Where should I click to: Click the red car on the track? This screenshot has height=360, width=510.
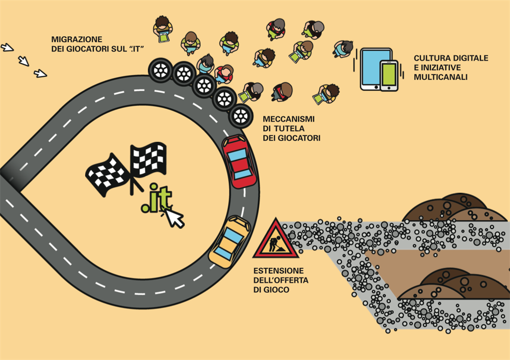(239, 162)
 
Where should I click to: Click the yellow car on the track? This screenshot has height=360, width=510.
(229, 240)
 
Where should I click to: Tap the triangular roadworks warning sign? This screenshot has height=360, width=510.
(275, 239)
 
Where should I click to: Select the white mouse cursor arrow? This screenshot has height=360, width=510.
(175, 218)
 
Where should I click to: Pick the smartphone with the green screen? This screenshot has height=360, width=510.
(389, 75)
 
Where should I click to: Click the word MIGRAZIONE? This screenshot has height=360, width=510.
(77, 39)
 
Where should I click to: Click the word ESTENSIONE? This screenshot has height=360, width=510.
(278, 270)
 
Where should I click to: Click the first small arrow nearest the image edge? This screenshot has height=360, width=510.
(7, 47)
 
